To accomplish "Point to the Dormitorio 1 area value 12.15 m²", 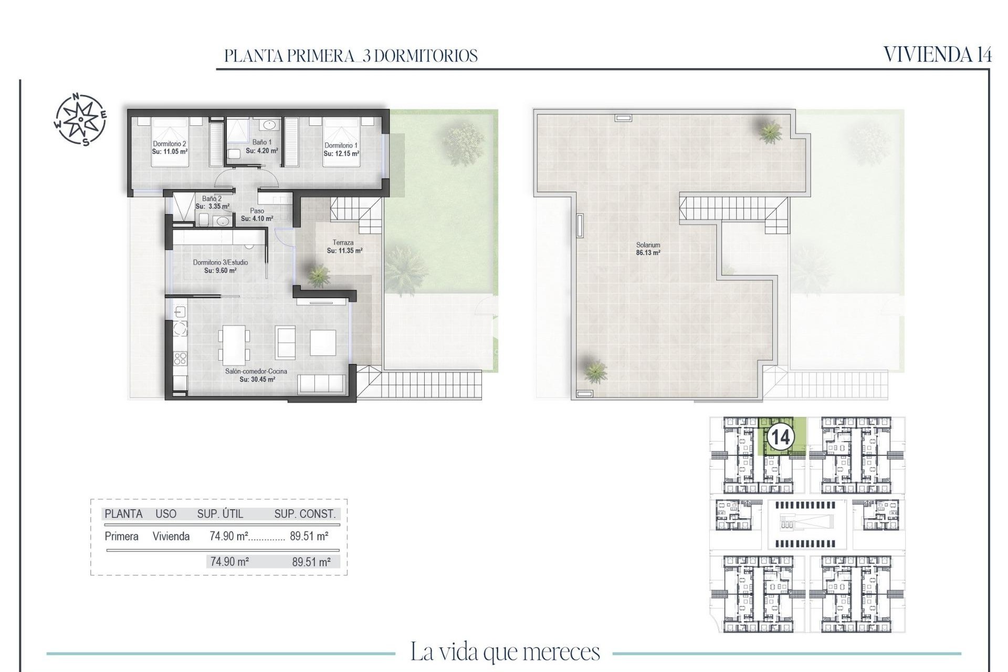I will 341,154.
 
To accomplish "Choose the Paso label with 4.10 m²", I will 257,215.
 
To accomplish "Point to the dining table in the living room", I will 234,345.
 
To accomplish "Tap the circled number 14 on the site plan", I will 780,437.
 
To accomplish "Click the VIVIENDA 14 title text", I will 937,55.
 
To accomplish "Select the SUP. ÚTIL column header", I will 220,514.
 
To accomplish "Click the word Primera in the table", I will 121,536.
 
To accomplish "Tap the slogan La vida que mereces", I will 505,652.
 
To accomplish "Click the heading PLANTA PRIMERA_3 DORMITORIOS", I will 351,56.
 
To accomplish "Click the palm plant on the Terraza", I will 318,275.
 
